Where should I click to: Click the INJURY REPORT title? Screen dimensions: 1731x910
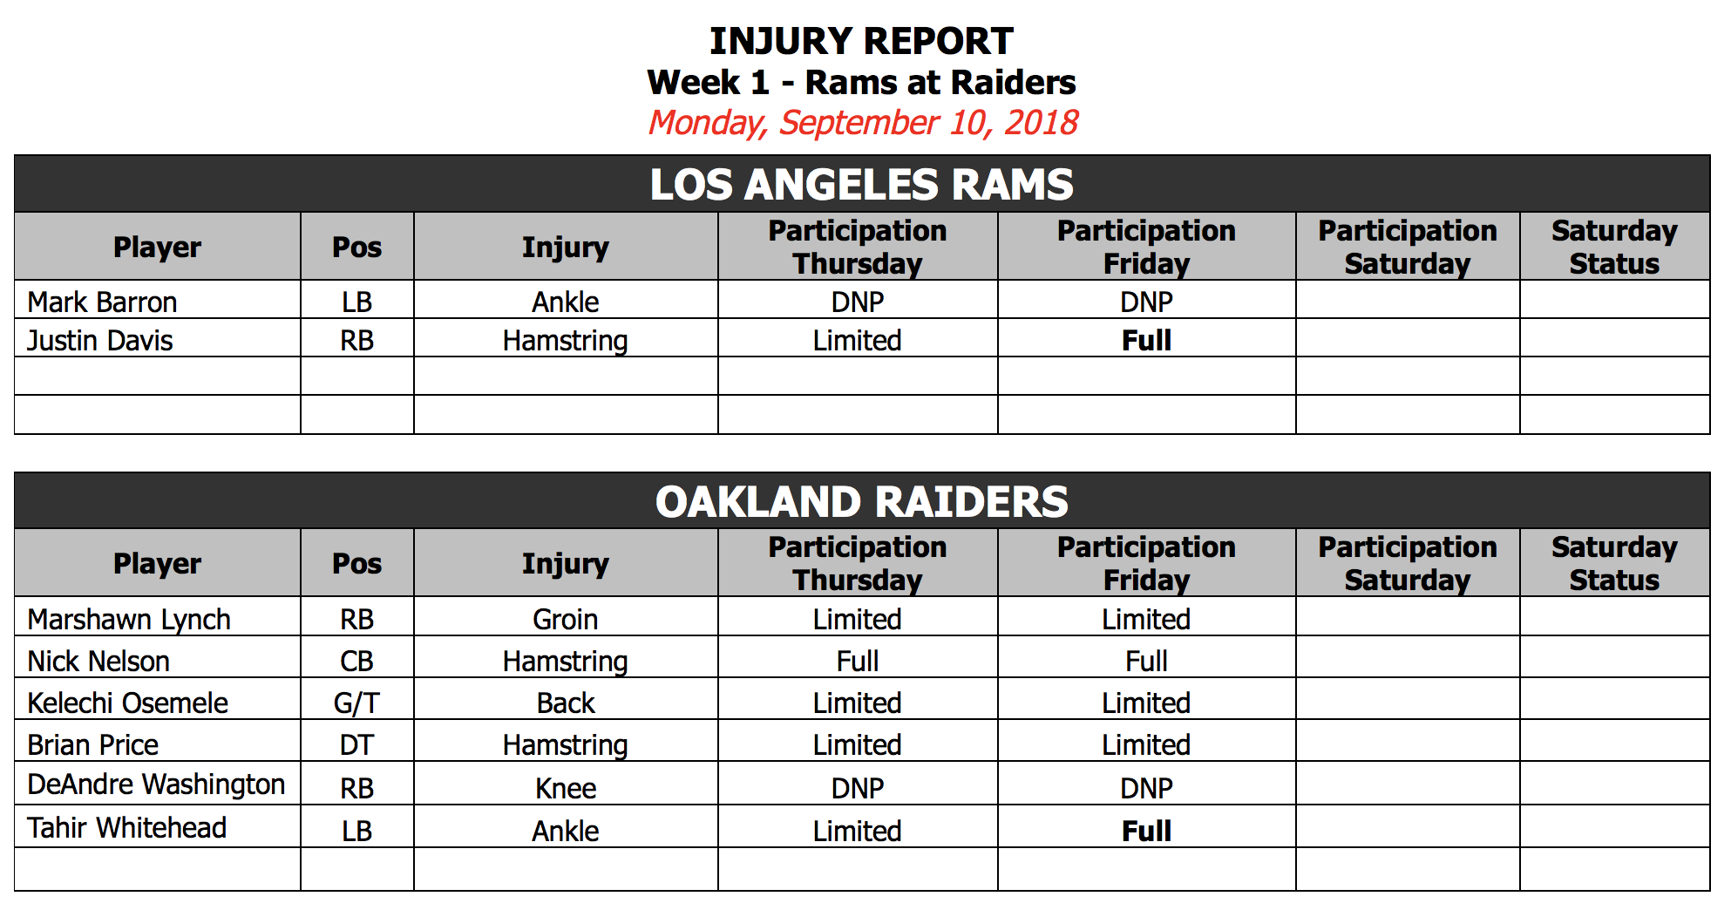(x=861, y=41)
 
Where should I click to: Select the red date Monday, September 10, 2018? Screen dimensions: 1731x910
(x=863, y=123)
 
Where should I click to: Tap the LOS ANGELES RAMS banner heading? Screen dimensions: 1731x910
(x=862, y=185)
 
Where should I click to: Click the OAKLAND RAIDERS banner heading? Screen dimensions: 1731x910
(x=862, y=502)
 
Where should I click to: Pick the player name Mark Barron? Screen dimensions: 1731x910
(x=102, y=302)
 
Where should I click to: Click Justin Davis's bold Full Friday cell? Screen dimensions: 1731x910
(x=1146, y=340)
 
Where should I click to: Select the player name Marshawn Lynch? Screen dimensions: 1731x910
(x=129, y=619)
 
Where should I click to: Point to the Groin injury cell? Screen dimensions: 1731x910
(x=566, y=619)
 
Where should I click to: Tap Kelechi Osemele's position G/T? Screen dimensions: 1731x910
(x=356, y=703)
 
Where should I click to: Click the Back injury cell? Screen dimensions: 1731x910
(x=566, y=703)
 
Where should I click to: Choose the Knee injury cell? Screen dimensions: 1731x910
(x=566, y=788)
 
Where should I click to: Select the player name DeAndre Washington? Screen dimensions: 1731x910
(x=156, y=784)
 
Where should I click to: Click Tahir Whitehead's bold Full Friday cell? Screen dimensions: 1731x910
(x=1146, y=831)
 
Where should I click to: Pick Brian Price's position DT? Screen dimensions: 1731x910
(x=356, y=744)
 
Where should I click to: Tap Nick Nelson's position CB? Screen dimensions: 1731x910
(x=356, y=661)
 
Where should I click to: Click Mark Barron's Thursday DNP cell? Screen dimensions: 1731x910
(x=858, y=302)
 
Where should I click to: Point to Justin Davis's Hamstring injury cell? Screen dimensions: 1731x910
(x=566, y=341)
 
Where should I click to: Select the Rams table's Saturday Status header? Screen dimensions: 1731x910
(x=1614, y=247)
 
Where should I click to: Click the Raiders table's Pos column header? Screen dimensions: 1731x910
(x=356, y=563)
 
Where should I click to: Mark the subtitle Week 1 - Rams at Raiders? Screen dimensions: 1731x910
(x=861, y=83)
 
